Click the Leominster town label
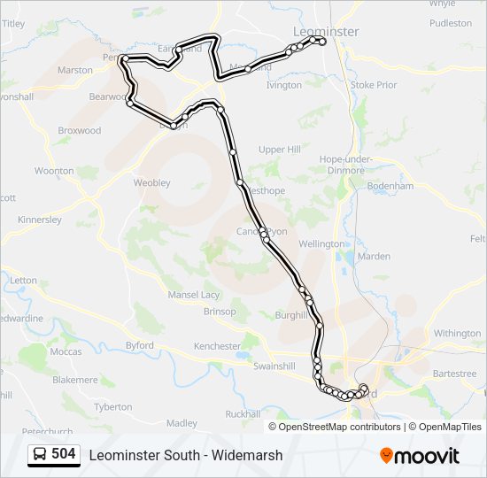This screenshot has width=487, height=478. pos(325,31)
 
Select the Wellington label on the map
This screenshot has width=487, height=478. pos(322,243)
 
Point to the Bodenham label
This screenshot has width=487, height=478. pos(390,187)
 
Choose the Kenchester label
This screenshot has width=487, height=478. pos(217,346)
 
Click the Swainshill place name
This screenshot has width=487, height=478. pos(274,366)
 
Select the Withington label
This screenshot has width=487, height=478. pos(457,334)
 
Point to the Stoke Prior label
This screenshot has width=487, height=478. pos(375,85)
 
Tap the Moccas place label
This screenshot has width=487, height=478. pos(66,351)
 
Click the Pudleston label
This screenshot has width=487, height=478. pos(451,23)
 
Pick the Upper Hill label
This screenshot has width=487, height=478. pos(280,150)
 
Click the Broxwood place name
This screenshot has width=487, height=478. pos(80,130)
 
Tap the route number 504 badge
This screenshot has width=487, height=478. pos(63,455)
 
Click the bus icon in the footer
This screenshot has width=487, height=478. pos(40,455)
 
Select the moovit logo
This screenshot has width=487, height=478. pos(420,456)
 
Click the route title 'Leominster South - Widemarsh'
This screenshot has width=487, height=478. pos(186,455)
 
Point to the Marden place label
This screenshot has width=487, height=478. pos(375,257)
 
